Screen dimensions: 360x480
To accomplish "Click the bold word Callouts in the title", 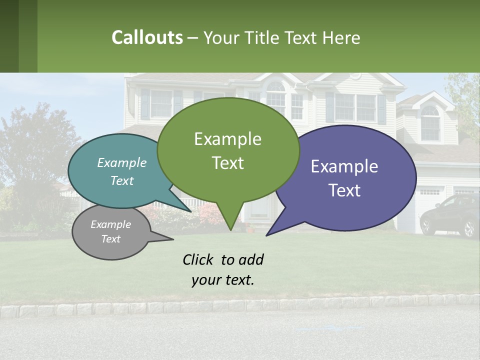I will (147, 37).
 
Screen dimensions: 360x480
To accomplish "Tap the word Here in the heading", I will (341, 38).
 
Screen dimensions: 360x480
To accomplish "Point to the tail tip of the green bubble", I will (230, 229).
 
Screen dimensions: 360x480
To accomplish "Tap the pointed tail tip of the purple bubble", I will (267, 234).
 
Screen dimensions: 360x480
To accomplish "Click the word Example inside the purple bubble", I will (344, 166).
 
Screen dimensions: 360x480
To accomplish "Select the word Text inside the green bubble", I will (228, 163).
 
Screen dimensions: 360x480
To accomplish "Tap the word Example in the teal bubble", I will (121, 162).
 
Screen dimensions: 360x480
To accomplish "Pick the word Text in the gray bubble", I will (111, 239).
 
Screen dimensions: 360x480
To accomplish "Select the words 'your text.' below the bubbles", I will (223, 280).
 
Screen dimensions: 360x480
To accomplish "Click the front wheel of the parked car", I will (469, 228).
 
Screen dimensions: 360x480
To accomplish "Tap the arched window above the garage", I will (429, 122).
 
